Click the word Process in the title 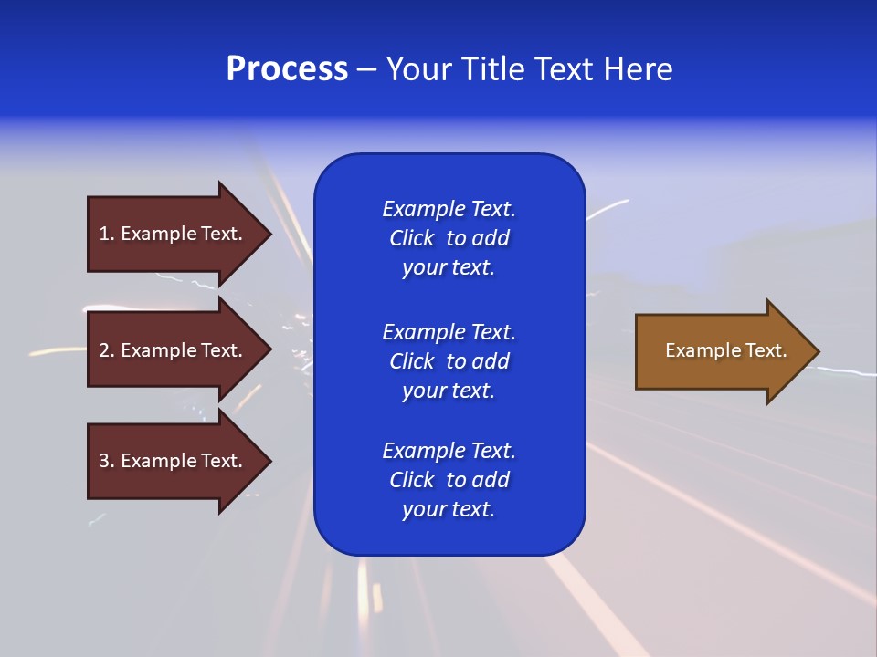[287, 69]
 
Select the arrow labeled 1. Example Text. [174, 234]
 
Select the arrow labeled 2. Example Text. [174, 350]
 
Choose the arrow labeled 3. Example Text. [174, 461]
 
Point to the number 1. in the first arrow [107, 234]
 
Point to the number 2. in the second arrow [107, 350]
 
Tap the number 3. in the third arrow [107, 461]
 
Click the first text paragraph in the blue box [449, 238]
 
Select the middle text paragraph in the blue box [449, 361]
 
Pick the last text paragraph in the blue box [449, 480]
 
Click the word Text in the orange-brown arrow [766, 350]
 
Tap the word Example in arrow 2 [158, 350]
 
